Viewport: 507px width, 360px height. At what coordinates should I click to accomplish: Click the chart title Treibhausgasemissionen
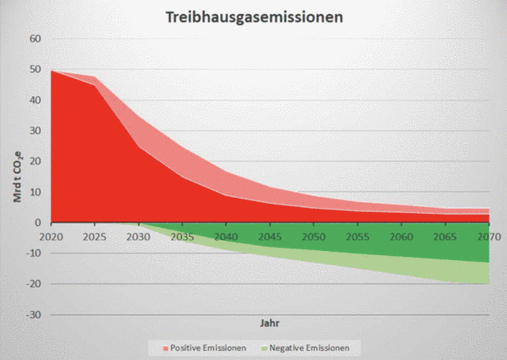coord(254,17)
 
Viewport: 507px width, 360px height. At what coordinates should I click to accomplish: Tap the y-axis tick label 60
coord(35,39)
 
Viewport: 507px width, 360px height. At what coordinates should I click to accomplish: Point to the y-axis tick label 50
coord(35,69)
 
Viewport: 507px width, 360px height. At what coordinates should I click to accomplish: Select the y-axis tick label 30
coord(35,131)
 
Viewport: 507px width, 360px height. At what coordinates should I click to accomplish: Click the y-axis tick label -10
coord(33,253)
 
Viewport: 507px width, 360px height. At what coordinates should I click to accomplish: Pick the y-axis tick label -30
coord(33,314)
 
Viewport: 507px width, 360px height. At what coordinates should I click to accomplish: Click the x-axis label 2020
coord(51,237)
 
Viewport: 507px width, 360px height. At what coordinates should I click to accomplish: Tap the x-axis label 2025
coord(95,237)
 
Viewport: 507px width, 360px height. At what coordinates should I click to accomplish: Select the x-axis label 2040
coord(226,237)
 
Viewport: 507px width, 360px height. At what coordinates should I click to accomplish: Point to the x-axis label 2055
coord(357,237)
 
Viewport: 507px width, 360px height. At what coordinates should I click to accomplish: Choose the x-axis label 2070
coord(489,237)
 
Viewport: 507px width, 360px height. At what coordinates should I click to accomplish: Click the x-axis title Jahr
coord(269,323)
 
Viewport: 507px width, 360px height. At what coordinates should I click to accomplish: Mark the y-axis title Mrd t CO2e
coord(17,176)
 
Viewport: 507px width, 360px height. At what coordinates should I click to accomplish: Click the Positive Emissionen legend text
coord(209,348)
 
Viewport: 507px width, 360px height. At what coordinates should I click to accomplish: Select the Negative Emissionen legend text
coord(309,348)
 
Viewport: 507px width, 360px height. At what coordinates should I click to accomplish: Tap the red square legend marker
coord(166,348)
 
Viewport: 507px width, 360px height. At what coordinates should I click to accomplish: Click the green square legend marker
coord(264,348)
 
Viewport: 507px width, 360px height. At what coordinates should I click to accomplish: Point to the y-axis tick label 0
coord(38,223)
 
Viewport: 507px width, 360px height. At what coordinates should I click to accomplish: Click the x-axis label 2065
coord(445,237)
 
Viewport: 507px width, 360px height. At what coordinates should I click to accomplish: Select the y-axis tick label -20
coord(33,284)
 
